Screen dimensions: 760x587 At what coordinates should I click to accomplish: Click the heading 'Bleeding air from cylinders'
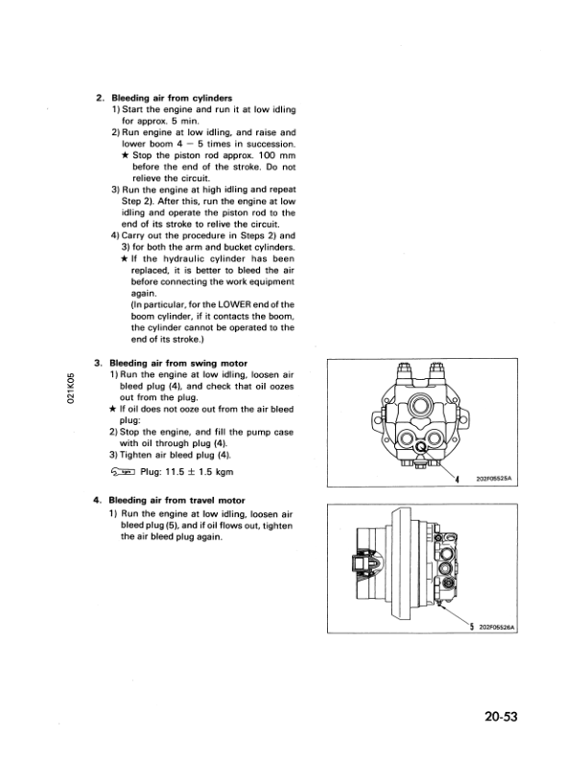[x=172, y=98]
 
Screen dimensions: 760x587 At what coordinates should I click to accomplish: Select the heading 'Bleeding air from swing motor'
[x=179, y=364]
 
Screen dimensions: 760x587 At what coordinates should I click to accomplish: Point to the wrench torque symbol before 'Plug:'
[x=124, y=472]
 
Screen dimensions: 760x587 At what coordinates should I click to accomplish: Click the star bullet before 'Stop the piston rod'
[x=126, y=154]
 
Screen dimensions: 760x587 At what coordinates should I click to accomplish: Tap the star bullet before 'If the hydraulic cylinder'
[x=126, y=259]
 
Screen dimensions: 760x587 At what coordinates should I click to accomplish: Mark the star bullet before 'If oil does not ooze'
[x=112, y=409]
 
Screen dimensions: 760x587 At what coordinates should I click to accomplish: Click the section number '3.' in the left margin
[x=99, y=364]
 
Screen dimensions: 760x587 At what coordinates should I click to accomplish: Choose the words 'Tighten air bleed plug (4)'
[x=172, y=455]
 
